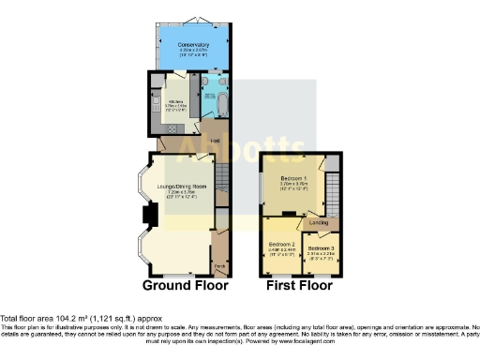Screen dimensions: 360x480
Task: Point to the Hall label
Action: pyautogui.click(x=215, y=141)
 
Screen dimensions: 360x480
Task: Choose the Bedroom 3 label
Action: pyautogui.click(x=321, y=247)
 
